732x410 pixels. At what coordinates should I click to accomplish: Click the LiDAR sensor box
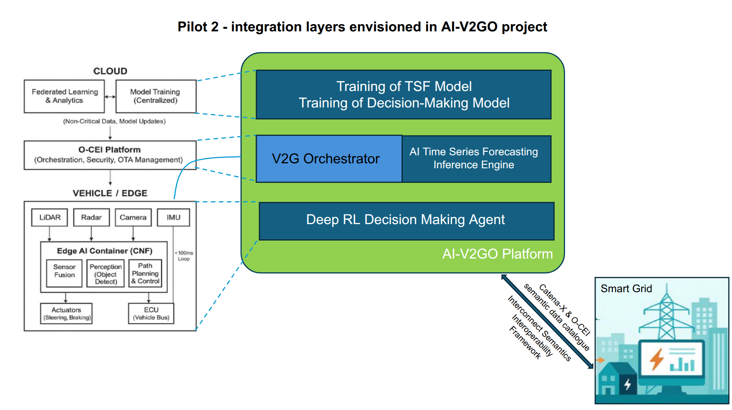[50, 217]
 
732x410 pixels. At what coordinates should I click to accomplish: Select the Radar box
[91, 217]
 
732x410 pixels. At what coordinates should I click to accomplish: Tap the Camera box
[133, 217]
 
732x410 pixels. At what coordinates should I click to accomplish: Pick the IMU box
[173, 217]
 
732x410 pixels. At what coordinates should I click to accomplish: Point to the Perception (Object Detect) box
[106, 273]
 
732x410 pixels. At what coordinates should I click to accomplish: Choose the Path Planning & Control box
[145, 273]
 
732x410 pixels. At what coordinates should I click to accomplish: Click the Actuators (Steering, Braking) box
[66, 313]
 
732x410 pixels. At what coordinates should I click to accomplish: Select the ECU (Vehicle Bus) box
[151, 313]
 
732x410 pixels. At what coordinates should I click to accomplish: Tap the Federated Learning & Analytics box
[64, 96]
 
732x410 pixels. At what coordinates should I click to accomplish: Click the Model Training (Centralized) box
[155, 96]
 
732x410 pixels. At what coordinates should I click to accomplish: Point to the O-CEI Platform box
[110, 155]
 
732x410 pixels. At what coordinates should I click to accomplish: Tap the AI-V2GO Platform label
[497, 254]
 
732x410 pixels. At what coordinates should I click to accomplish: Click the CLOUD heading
[110, 71]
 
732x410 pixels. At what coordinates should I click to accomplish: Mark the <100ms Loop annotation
[184, 255]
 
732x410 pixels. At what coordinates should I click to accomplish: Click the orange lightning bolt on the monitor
[657, 359]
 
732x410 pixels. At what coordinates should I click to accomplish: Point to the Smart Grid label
[626, 288]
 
